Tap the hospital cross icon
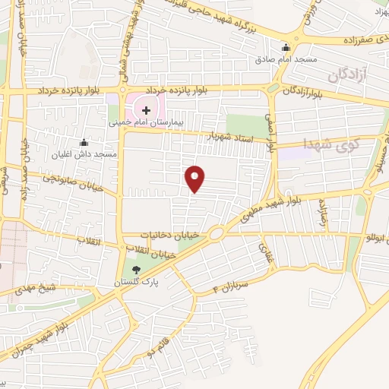(147, 110)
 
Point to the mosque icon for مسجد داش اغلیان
(84, 142)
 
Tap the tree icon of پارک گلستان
(137, 270)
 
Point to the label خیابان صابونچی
(65, 179)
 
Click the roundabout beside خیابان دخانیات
(215, 233)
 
